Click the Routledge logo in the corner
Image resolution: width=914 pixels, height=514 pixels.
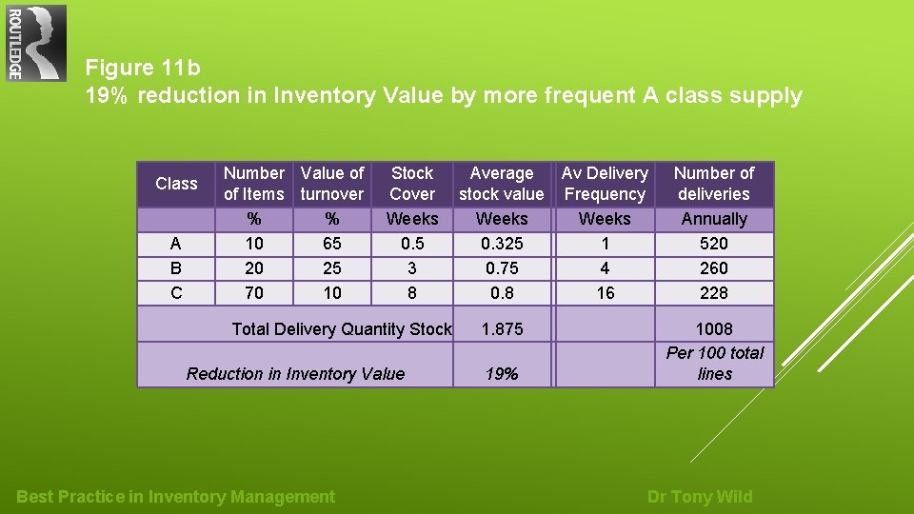36,43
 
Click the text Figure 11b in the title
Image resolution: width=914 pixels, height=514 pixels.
143,68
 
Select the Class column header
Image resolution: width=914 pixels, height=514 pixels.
176,184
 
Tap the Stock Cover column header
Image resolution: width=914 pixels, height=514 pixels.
412,184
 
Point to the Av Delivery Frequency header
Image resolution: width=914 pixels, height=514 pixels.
605,184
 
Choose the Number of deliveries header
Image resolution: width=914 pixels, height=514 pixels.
714,184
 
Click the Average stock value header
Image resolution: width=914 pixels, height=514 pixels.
502,184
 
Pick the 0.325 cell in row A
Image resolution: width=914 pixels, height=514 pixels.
502,244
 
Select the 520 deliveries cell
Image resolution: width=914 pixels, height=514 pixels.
714,244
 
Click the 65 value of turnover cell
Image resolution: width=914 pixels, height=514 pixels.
332,244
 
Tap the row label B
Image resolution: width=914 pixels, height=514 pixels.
176,268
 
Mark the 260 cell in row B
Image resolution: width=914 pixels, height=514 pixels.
714,268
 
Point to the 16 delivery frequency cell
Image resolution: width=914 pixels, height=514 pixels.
605,293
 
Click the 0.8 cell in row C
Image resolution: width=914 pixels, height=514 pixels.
502,293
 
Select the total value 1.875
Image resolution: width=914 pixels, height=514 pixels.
502,328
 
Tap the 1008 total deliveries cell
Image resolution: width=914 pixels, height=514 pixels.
714,328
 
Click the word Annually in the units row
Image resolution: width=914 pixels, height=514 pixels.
714,219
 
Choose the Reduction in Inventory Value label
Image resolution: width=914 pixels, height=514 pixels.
295,373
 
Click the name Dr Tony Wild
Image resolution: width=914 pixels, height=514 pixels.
700,496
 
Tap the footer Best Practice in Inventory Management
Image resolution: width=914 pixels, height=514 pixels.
176,496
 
